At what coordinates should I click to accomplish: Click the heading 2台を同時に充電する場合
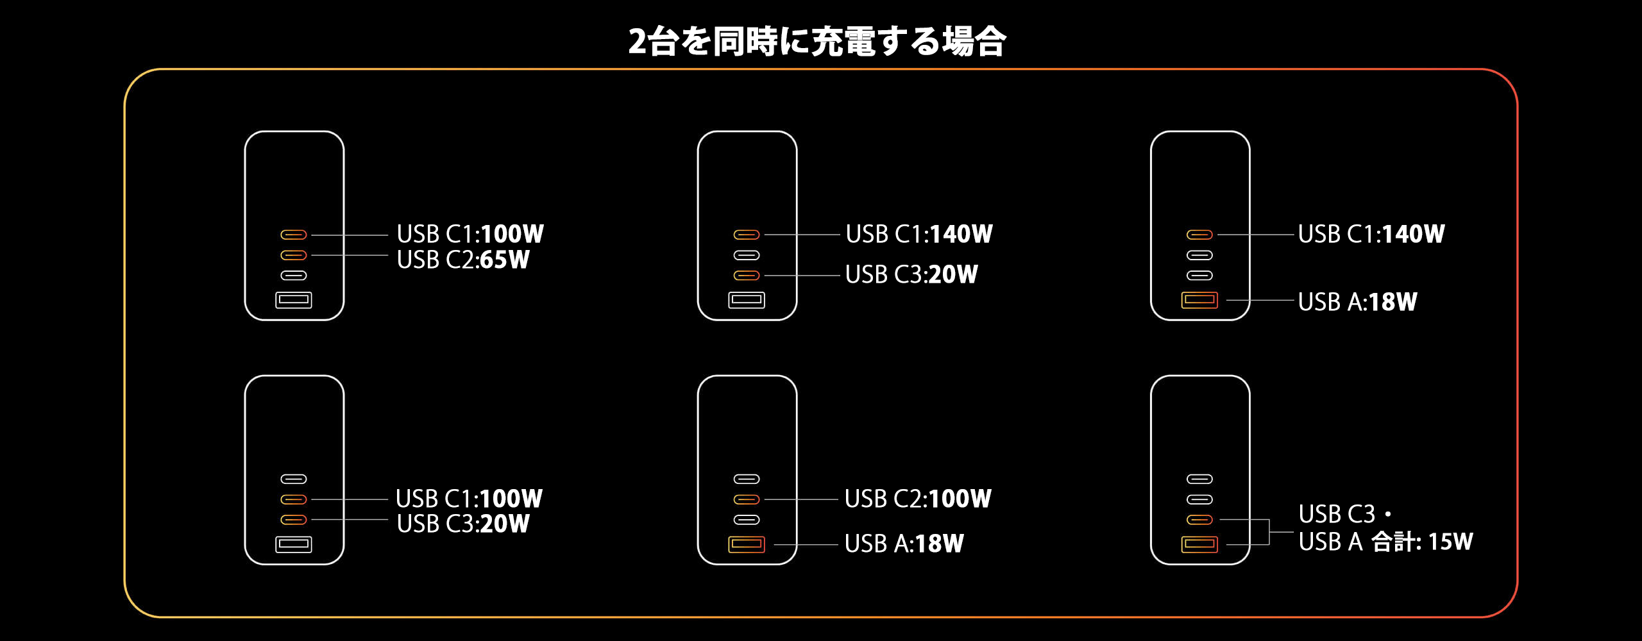[x=817, y=41]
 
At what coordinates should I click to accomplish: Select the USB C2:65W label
[x=463, y=260]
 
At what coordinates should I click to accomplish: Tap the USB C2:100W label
[x=918, y=499]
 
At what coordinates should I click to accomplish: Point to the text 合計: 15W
[x=1422, y=542]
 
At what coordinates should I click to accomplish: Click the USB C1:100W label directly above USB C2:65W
[x=470, y=234]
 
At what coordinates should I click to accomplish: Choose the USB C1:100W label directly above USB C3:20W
[x=469, y=499]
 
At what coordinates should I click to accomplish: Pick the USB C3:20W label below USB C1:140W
[x=911, y=274]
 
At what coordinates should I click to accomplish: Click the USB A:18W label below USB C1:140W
[x=1357, y=301]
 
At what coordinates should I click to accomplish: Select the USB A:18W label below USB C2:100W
[x=904, y=544]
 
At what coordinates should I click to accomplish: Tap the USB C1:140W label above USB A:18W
[x=1371, y=234]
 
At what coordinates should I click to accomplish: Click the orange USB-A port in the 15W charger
[x=1199, y=544]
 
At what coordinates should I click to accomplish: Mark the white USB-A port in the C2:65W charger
[x=294, y=300]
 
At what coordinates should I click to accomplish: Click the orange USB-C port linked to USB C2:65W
[x=294, y=255]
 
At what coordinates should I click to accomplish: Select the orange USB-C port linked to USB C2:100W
[x=747, y=499]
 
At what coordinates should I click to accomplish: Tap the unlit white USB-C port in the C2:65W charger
[x=294, y=276]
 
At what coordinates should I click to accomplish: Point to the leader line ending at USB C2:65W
[x=350, y=255]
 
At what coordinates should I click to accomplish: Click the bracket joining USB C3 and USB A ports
[x=1269, y=532]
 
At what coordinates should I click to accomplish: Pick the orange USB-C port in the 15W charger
[x=1199, y=520]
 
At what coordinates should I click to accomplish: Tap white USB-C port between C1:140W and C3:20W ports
[x=747, y=255]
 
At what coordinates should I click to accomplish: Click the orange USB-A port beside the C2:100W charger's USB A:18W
[x=747, y=544]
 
